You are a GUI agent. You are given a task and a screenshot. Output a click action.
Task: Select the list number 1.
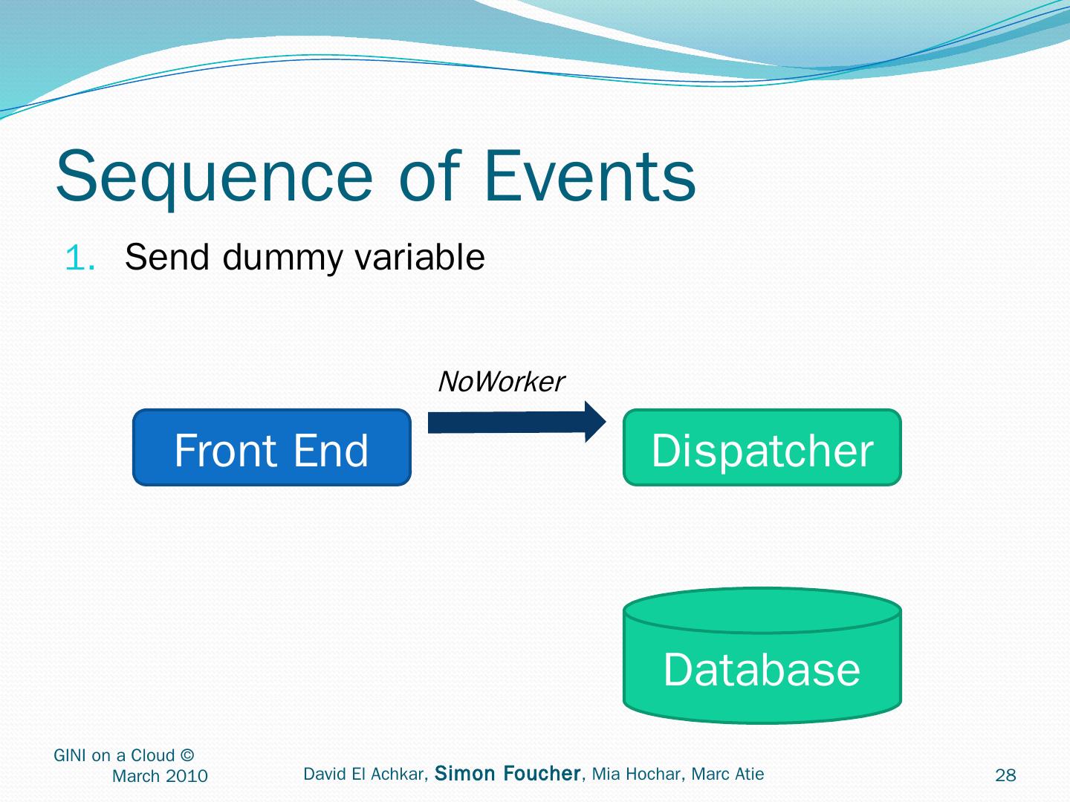click(x=80, y=258)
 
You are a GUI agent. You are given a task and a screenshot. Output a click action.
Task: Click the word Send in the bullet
click(x=166, y=258)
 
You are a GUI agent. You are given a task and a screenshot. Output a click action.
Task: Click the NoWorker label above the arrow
click(x=501, y=382)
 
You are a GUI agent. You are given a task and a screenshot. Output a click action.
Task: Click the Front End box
click(x=271, y=448)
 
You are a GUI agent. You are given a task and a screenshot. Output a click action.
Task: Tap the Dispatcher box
click(x=762, y=448)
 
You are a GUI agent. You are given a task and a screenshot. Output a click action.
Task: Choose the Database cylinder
click(x=762, y=657)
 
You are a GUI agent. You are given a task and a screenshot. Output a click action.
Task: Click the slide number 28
click(x=1005, y=776)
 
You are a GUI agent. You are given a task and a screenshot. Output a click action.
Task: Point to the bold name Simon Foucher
click(x=508, y=774)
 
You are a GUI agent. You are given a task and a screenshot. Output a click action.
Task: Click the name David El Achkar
click(x=364, y=775)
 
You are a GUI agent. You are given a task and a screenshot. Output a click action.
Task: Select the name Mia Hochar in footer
click(x=637, y=775)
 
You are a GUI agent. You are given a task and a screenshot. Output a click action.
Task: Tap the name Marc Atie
click(x=727, y=775)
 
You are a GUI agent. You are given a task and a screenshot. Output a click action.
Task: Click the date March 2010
click(x=160, y=777)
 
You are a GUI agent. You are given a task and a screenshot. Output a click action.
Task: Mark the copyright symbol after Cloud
click(x=187, y=756)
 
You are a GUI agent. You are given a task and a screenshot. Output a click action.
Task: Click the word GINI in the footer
click(x=70, y=756)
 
